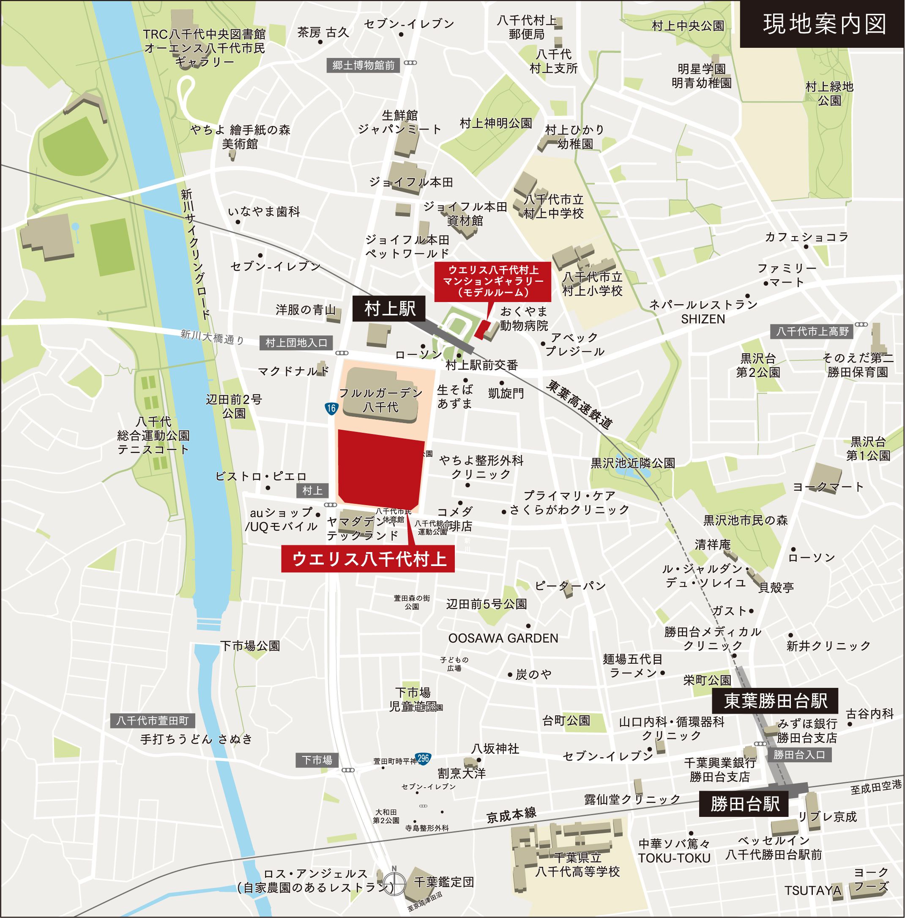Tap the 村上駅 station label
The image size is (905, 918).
(x=390, y=310)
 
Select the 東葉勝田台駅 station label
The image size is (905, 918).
(x=775, y=701)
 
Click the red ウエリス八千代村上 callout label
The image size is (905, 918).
(x=368, y=559)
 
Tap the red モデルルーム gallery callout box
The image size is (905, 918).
(x=493, y=281)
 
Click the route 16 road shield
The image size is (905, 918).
(x=331, y=408)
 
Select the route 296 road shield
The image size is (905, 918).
(x=422, y=758)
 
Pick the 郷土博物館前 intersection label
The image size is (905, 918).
(x=363, y=65)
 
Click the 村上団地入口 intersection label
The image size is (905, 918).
(x=296, y=343)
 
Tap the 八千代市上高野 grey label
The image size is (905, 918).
(x=812, y=331)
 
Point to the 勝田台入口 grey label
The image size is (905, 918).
(x=799, y=755)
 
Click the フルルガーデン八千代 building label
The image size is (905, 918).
(x=380, y=400)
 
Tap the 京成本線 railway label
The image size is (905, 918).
(x=511, y=815)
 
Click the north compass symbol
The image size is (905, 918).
(x=394, y=883)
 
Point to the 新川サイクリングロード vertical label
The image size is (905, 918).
(x=195, y=254)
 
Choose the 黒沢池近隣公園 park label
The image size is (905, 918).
(x=632, y=463)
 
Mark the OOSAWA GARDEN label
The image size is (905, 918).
(x=503, y=638)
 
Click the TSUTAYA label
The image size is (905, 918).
(x=812, y=891)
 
